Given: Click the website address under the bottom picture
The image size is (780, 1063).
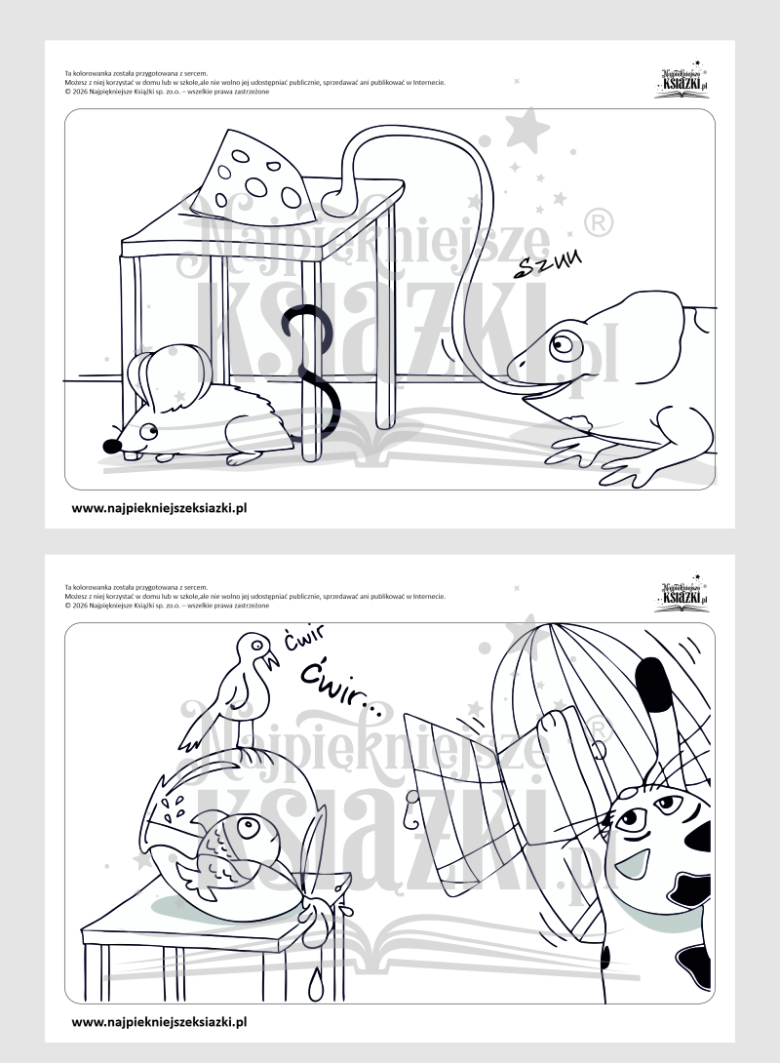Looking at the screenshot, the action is coord(159,1020).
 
